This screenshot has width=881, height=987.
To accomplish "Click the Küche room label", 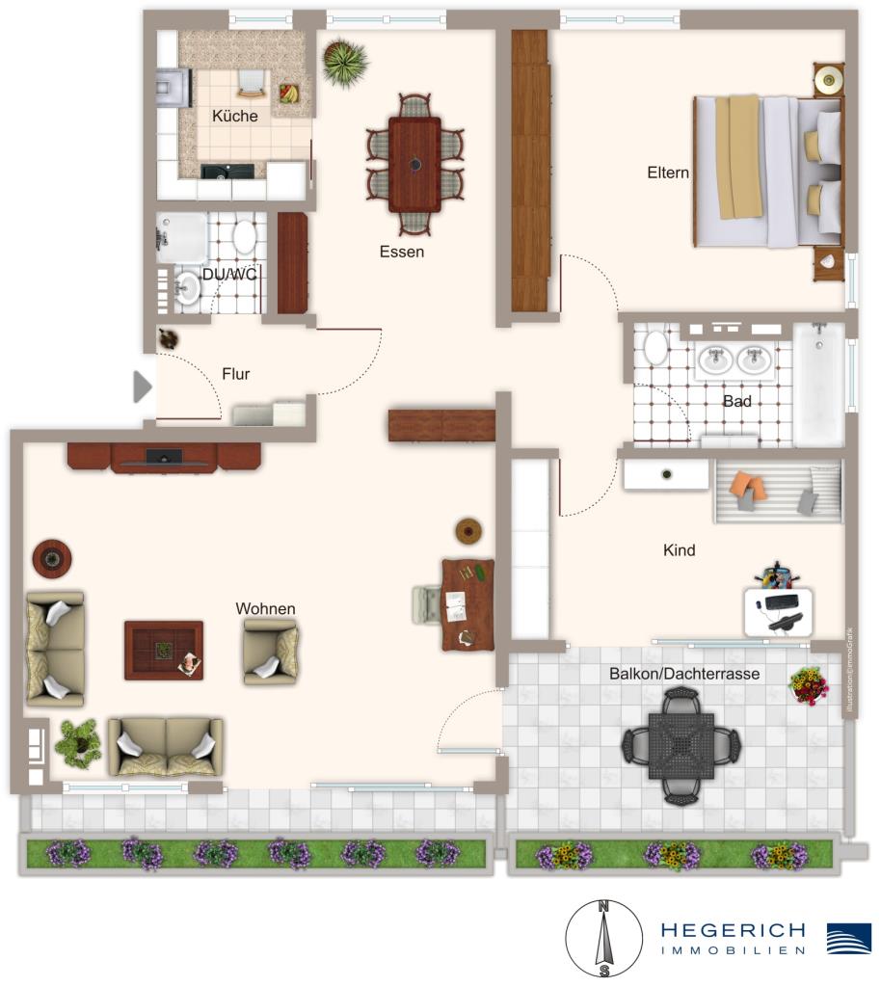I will [x=234, y=116].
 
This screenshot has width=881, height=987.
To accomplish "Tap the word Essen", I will [x=401, y=252].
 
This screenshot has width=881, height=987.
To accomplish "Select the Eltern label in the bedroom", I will [x=668, y=173].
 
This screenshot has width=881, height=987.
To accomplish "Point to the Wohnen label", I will [x=265, y=608].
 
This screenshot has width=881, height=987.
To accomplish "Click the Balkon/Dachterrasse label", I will [x=684, y=675].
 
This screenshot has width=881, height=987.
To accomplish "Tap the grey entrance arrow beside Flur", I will [x=143, y=387].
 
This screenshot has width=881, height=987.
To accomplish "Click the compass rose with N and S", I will [x=603, y=937].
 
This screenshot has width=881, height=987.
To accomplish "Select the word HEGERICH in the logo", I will [x=733, y=930].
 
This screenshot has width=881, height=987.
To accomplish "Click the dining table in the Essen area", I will [x=414, y=164].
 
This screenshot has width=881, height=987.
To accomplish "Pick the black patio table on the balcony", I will [x=682, y=745].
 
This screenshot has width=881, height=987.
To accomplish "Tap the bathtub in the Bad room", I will [x=818, y=383].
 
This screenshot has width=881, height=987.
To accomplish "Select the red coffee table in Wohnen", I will [x=163, y=650].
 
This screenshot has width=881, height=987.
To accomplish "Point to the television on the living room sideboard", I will [x=164, y=457].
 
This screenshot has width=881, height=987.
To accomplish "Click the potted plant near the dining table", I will [x=344, y=63].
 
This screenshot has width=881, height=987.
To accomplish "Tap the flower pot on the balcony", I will [x=808, y=685].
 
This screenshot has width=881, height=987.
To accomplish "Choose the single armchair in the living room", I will [x=271, y=652].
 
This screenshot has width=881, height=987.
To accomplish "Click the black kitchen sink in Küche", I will [x=227, y=172].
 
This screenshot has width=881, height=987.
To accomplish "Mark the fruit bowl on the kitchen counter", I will [x=287, y=93].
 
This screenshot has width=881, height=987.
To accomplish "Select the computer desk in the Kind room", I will [x=778, y=609].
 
